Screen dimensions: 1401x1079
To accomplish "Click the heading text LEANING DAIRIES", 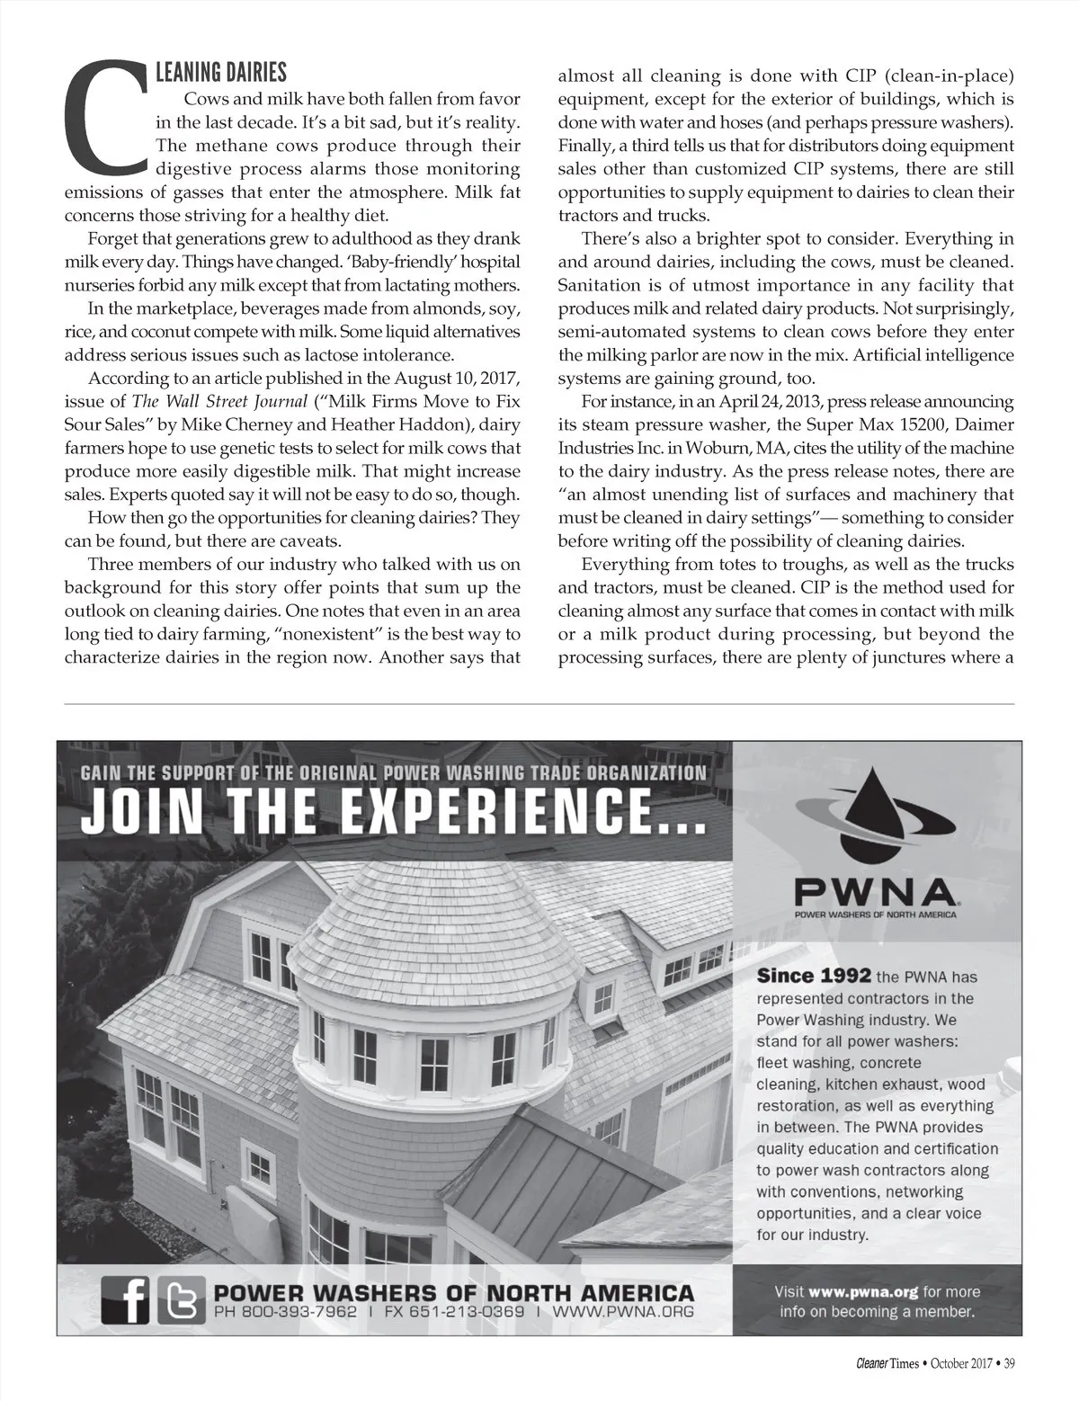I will pos(221,71).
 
